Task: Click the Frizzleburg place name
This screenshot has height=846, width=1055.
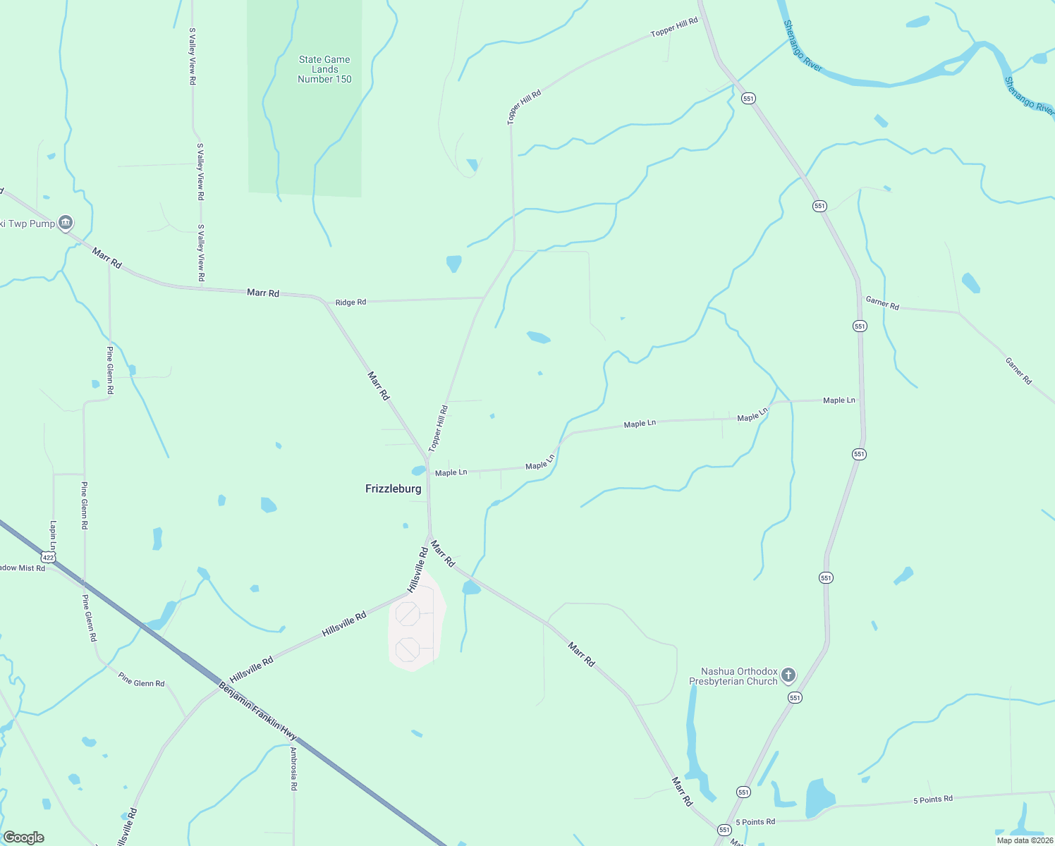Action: (393, 489)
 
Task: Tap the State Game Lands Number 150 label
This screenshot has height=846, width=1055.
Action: (324, 69)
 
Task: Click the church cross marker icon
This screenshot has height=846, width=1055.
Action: (788, 675)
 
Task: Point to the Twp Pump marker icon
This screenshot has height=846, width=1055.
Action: (66, 223)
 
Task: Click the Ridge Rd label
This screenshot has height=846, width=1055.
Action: (350, 302)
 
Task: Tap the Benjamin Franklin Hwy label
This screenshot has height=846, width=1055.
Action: (257, 710)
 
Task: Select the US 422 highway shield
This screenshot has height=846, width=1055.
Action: (49, 557)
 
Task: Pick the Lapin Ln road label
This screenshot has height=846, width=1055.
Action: (53, 536)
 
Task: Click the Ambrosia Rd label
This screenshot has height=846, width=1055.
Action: (293, 768)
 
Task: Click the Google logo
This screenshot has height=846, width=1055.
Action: (23, 838)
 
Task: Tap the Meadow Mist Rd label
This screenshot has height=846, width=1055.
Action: (21, 568)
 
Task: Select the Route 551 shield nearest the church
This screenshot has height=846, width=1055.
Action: (795, 697)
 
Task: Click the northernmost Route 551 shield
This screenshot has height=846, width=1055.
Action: (748, 99)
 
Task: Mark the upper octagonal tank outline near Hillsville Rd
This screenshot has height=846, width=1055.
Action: (408, 613)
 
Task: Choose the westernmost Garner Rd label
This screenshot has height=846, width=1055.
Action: (882, 304)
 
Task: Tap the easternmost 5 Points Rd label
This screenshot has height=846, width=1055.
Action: (932, 799)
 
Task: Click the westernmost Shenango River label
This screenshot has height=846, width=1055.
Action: (803, 46)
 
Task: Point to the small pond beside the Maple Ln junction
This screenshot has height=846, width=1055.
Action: (418, 470)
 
